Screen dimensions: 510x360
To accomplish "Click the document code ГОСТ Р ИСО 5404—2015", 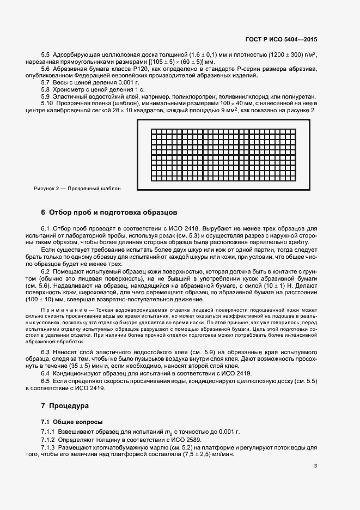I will click(x=288, y=40).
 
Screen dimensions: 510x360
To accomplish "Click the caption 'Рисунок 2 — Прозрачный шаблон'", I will click(x=77, y=189).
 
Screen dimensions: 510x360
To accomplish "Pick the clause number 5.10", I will click(x=48, y=103).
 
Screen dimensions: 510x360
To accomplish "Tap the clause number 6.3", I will click(x=46, y=353).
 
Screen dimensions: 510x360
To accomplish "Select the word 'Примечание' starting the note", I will click(x=62, y=309).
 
